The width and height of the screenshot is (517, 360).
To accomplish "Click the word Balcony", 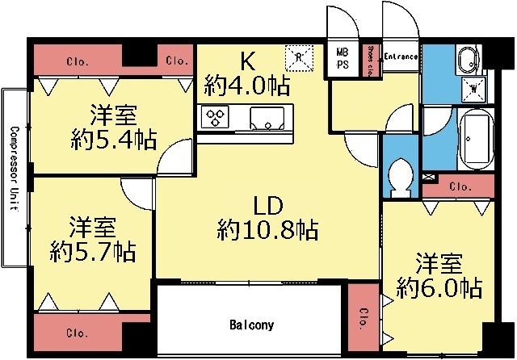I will point(251,325).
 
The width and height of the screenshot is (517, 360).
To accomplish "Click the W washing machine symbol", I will point(471,87).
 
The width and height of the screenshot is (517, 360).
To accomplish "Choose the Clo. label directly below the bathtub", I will point(460,186).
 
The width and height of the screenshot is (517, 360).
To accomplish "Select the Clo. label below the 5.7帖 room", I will point(78,332).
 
